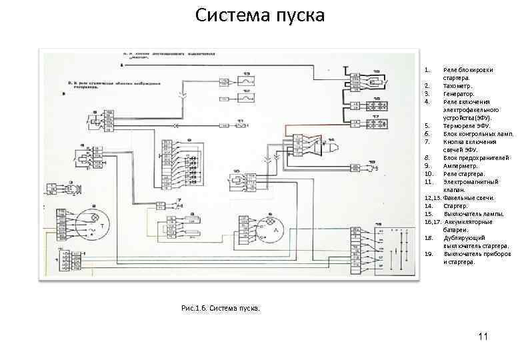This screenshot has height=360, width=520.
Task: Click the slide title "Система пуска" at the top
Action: (261, 15)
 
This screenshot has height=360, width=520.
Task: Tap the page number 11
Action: (483, 337)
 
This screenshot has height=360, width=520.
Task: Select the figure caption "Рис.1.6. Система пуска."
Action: (221, 308)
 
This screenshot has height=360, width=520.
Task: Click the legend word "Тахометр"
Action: (457, 86)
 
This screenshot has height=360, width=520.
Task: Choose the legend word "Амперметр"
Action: (460, 165)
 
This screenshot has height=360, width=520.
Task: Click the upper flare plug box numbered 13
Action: (246, 81)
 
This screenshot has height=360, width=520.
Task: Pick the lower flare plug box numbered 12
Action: (246, 98)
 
